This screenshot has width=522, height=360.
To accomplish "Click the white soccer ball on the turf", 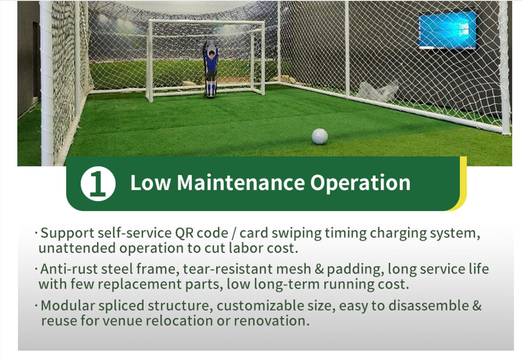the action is (320, 136).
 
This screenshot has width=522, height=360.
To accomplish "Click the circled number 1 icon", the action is (98, 183).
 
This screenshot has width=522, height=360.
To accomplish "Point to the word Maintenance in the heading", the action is (241, 183).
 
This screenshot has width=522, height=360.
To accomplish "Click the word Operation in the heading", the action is (360, 183).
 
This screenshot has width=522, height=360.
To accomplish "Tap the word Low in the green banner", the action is (151, 183).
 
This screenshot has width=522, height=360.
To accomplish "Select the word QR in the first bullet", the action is (184, 233).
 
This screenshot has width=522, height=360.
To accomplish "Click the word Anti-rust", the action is (69, 269).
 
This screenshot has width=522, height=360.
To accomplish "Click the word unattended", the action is (78, 249).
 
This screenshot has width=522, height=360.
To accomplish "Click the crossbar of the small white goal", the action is (207, 22).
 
